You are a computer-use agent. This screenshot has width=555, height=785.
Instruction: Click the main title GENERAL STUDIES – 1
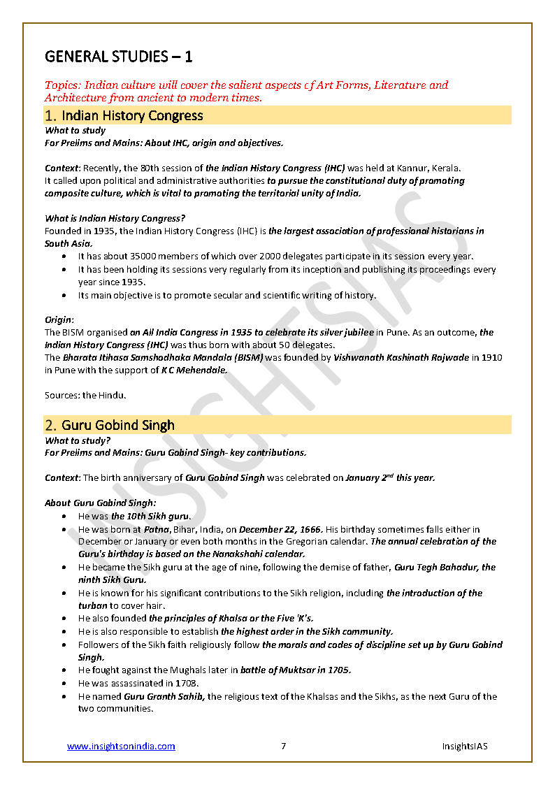(119, 56)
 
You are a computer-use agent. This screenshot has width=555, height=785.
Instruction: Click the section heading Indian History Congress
(132, 115)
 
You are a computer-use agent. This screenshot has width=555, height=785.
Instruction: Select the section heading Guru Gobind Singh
(117, 425)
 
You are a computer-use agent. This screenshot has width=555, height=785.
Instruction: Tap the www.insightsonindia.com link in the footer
(121, 747)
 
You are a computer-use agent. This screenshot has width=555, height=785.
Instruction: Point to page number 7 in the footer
(284, 747)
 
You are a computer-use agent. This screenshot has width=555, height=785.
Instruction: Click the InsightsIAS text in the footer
(464, 747)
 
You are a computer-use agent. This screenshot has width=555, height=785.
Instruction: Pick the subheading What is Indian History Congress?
(115, 219)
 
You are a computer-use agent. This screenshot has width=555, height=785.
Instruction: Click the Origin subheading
(59, 319)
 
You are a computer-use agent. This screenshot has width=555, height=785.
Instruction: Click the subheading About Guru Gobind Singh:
(101, 503)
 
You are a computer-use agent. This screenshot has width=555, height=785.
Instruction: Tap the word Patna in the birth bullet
(157, 530)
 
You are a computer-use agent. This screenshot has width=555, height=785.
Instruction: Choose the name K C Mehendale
(194, 370)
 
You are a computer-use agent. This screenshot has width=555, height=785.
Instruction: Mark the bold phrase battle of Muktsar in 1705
(296, 670)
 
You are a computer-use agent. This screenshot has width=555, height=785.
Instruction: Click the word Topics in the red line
(61, 85)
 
